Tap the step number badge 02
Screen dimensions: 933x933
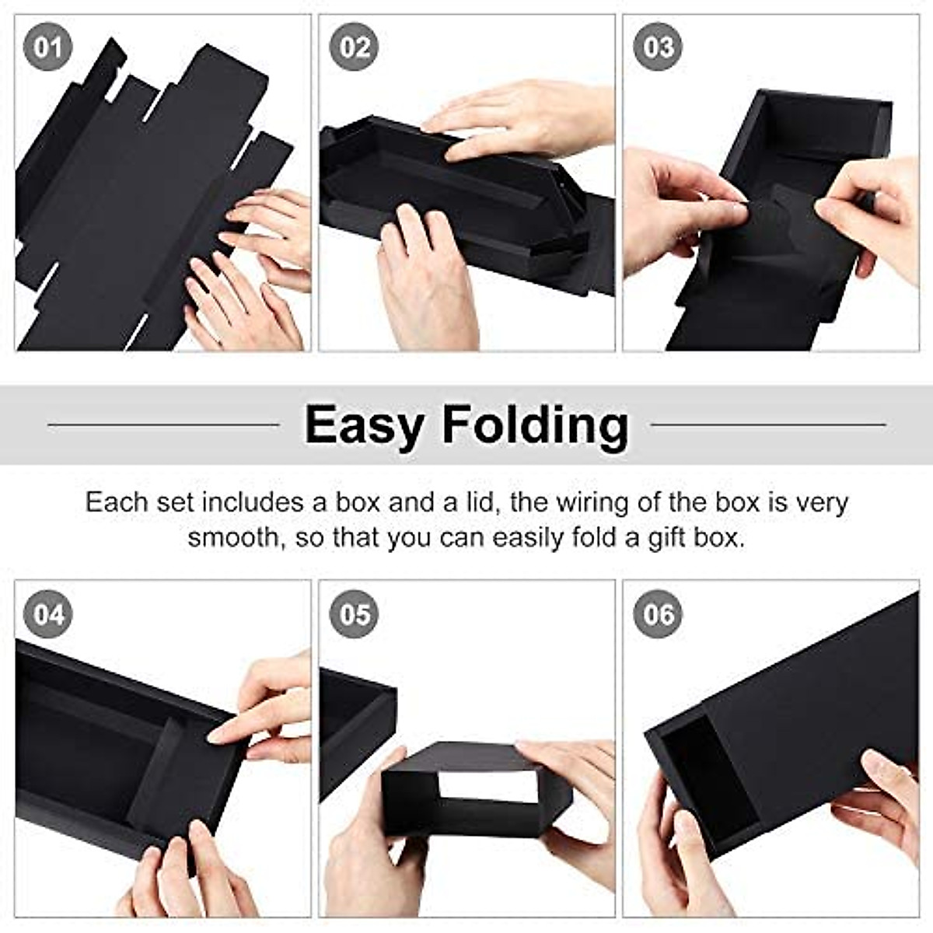355,48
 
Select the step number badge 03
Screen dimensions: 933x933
659,48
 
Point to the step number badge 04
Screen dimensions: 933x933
48,615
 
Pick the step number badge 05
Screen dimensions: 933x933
355,615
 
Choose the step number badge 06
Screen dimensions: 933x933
659,615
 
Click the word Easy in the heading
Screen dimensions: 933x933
365,426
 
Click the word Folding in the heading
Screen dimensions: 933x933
536,425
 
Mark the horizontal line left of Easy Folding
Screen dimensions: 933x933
163,425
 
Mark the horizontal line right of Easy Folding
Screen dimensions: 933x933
768,425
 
